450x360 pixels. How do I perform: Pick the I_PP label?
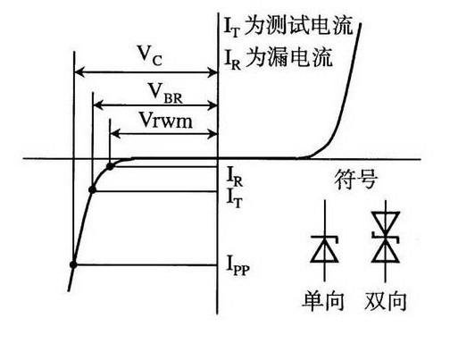(235, 266)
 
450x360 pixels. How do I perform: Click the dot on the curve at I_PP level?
(73, 264)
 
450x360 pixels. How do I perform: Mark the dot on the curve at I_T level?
(93, 189)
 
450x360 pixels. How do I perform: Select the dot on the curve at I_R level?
(110, 166)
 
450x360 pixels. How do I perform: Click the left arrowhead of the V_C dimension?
(78, 71)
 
